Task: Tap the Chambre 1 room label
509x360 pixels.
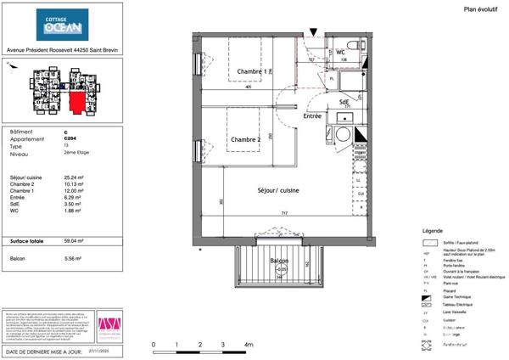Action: pos(250,71)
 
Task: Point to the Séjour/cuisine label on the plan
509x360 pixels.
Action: pos(279,190)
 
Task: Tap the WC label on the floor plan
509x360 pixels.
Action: pos(340,52)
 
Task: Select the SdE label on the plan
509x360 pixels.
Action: pos(344,102)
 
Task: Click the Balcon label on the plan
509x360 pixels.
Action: pos(280,261)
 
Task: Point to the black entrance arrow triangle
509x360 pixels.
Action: pos(314,33)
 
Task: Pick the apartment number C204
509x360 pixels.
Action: pos(69,139)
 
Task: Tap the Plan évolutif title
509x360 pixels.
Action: pos(481,9)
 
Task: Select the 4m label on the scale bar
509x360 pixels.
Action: pos(249,345)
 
